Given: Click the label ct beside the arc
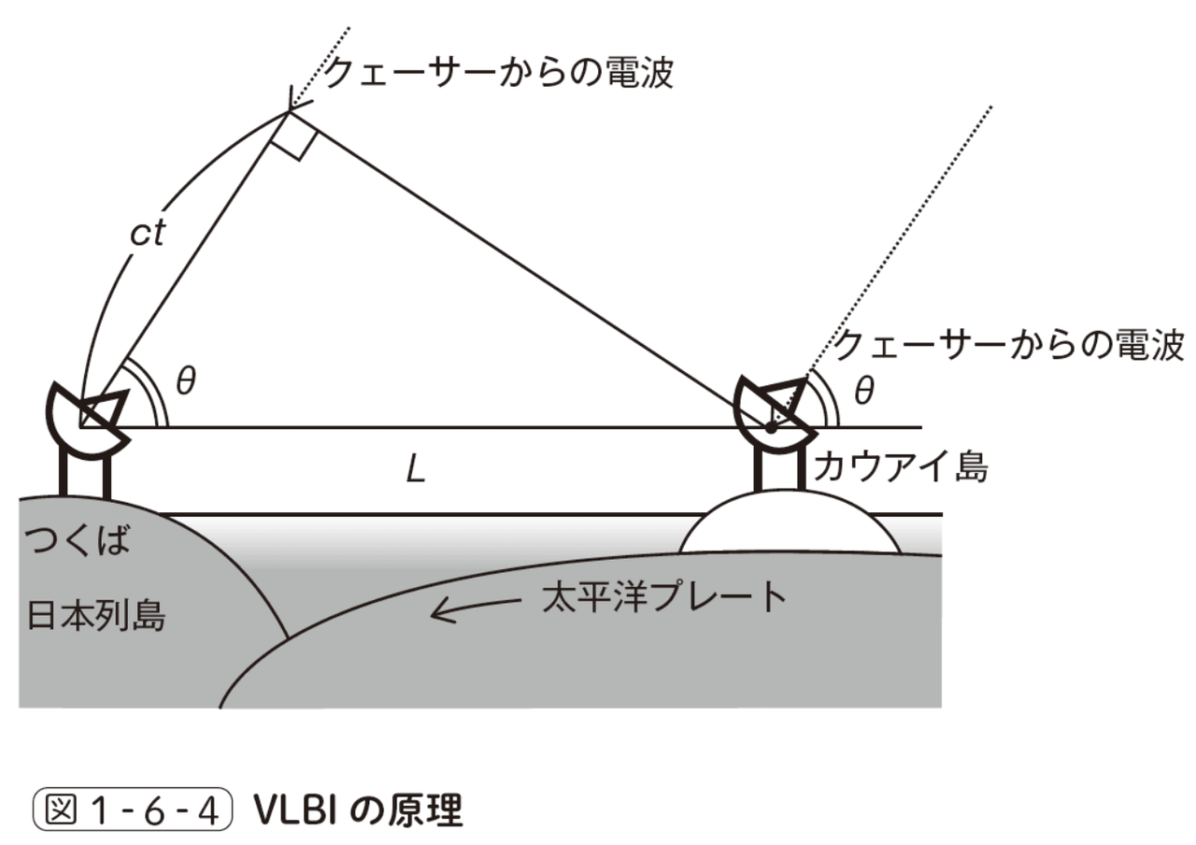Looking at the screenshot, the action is point(148,234).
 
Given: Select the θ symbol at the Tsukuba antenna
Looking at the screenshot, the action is point(186,382).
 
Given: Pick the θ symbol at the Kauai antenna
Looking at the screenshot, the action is point(864,391).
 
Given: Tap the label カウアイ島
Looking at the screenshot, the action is point(900,465).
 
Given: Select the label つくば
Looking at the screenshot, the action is point(78,541).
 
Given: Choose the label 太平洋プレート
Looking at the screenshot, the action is point(664,596).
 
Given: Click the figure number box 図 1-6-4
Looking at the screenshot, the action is point(131,810).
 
